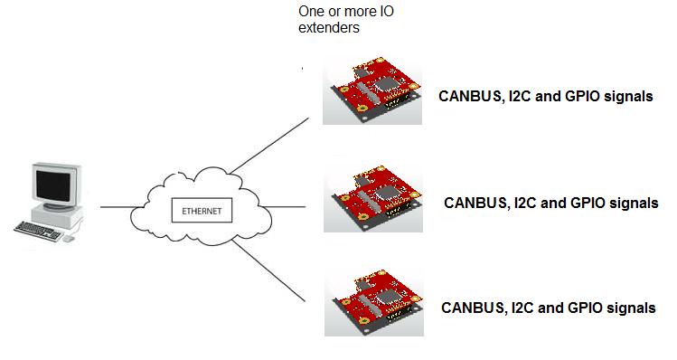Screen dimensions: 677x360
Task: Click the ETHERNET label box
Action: click(202, 211)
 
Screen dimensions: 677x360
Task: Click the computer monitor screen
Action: click(53, 185)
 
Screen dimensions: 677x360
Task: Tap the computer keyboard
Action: click(38, 231)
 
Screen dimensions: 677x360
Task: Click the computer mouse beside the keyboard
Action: click(69, 238)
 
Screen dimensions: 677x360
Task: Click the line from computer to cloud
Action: click(117, 207)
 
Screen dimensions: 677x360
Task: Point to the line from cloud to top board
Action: click(269, 146)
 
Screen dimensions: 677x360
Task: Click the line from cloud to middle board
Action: click(283, 206)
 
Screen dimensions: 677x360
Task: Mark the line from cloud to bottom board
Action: click(268, 271)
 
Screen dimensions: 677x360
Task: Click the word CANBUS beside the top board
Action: click(471, 97)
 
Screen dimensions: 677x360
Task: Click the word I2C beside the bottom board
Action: click(522, 308)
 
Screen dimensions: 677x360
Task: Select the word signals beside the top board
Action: click(628, 97)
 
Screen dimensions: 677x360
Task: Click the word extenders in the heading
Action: click(329, 28)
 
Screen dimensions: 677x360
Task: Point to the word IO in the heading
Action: click(387, 11)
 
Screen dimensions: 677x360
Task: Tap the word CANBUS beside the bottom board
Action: click(474, 308)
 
